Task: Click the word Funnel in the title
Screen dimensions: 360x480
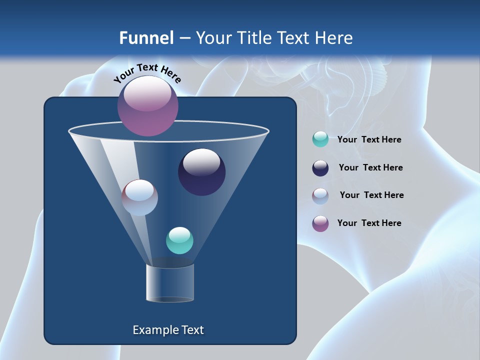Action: point(146,38)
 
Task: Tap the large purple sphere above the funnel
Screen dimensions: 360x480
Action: point(148,105)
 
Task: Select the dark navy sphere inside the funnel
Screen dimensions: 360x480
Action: point(202,172)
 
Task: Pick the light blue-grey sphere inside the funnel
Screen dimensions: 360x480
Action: point(140,197)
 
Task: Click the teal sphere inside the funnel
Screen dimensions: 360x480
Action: point(179,240)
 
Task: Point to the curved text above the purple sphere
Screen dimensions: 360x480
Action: point(147,73)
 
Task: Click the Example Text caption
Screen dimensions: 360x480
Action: point(168,330)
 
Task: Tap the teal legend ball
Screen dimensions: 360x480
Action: point(320,139)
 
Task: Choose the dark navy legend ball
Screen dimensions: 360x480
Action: point(320,168)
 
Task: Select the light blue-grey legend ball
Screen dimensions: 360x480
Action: point(320,196)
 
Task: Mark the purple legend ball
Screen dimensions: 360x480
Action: point(320,223)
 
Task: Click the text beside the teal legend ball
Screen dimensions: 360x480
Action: point(369,140)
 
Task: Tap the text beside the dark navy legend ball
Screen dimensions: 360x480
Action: point(370,167)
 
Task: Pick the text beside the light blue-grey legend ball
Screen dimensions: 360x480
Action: point(371,195)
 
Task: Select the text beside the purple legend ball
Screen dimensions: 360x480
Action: point(369,223)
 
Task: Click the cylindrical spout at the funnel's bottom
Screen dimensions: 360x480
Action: point(169,283)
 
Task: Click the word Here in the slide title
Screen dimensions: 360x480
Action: point(334,38)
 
